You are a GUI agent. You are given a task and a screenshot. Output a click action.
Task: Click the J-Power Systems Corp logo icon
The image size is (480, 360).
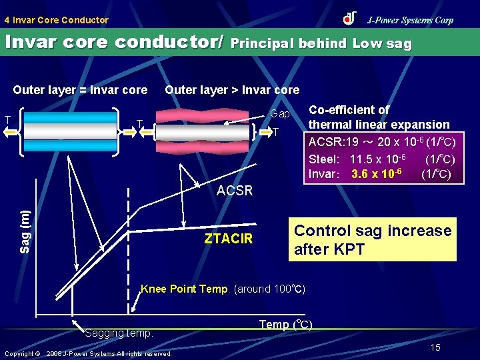point(349,19)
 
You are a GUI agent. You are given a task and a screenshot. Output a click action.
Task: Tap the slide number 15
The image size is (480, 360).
point(435,347)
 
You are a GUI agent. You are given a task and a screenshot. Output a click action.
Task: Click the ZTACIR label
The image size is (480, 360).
point(229,239)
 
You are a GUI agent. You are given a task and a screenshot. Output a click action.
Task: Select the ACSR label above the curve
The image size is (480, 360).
point(235,191)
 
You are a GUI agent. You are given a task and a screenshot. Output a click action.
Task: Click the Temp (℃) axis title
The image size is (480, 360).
point(284,325)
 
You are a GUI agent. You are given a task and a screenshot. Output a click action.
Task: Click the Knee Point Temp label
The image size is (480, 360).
point(184,289)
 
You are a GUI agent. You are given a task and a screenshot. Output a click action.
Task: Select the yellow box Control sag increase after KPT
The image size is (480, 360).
point(372,239)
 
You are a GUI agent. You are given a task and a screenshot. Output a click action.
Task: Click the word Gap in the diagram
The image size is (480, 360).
point(279,114)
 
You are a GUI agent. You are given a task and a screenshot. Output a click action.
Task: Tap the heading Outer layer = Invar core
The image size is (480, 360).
point(80,90)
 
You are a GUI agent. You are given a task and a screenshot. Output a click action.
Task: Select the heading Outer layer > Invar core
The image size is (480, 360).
point(232,90)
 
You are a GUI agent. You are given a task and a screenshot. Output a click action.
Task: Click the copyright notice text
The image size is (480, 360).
point(88,353)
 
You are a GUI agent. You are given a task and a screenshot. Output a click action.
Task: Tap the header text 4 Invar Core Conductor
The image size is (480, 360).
point(56,20)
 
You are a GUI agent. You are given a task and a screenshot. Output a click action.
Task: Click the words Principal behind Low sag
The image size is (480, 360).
point(322,44)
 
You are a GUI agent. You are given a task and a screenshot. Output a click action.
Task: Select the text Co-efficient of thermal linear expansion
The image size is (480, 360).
point(379,117)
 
